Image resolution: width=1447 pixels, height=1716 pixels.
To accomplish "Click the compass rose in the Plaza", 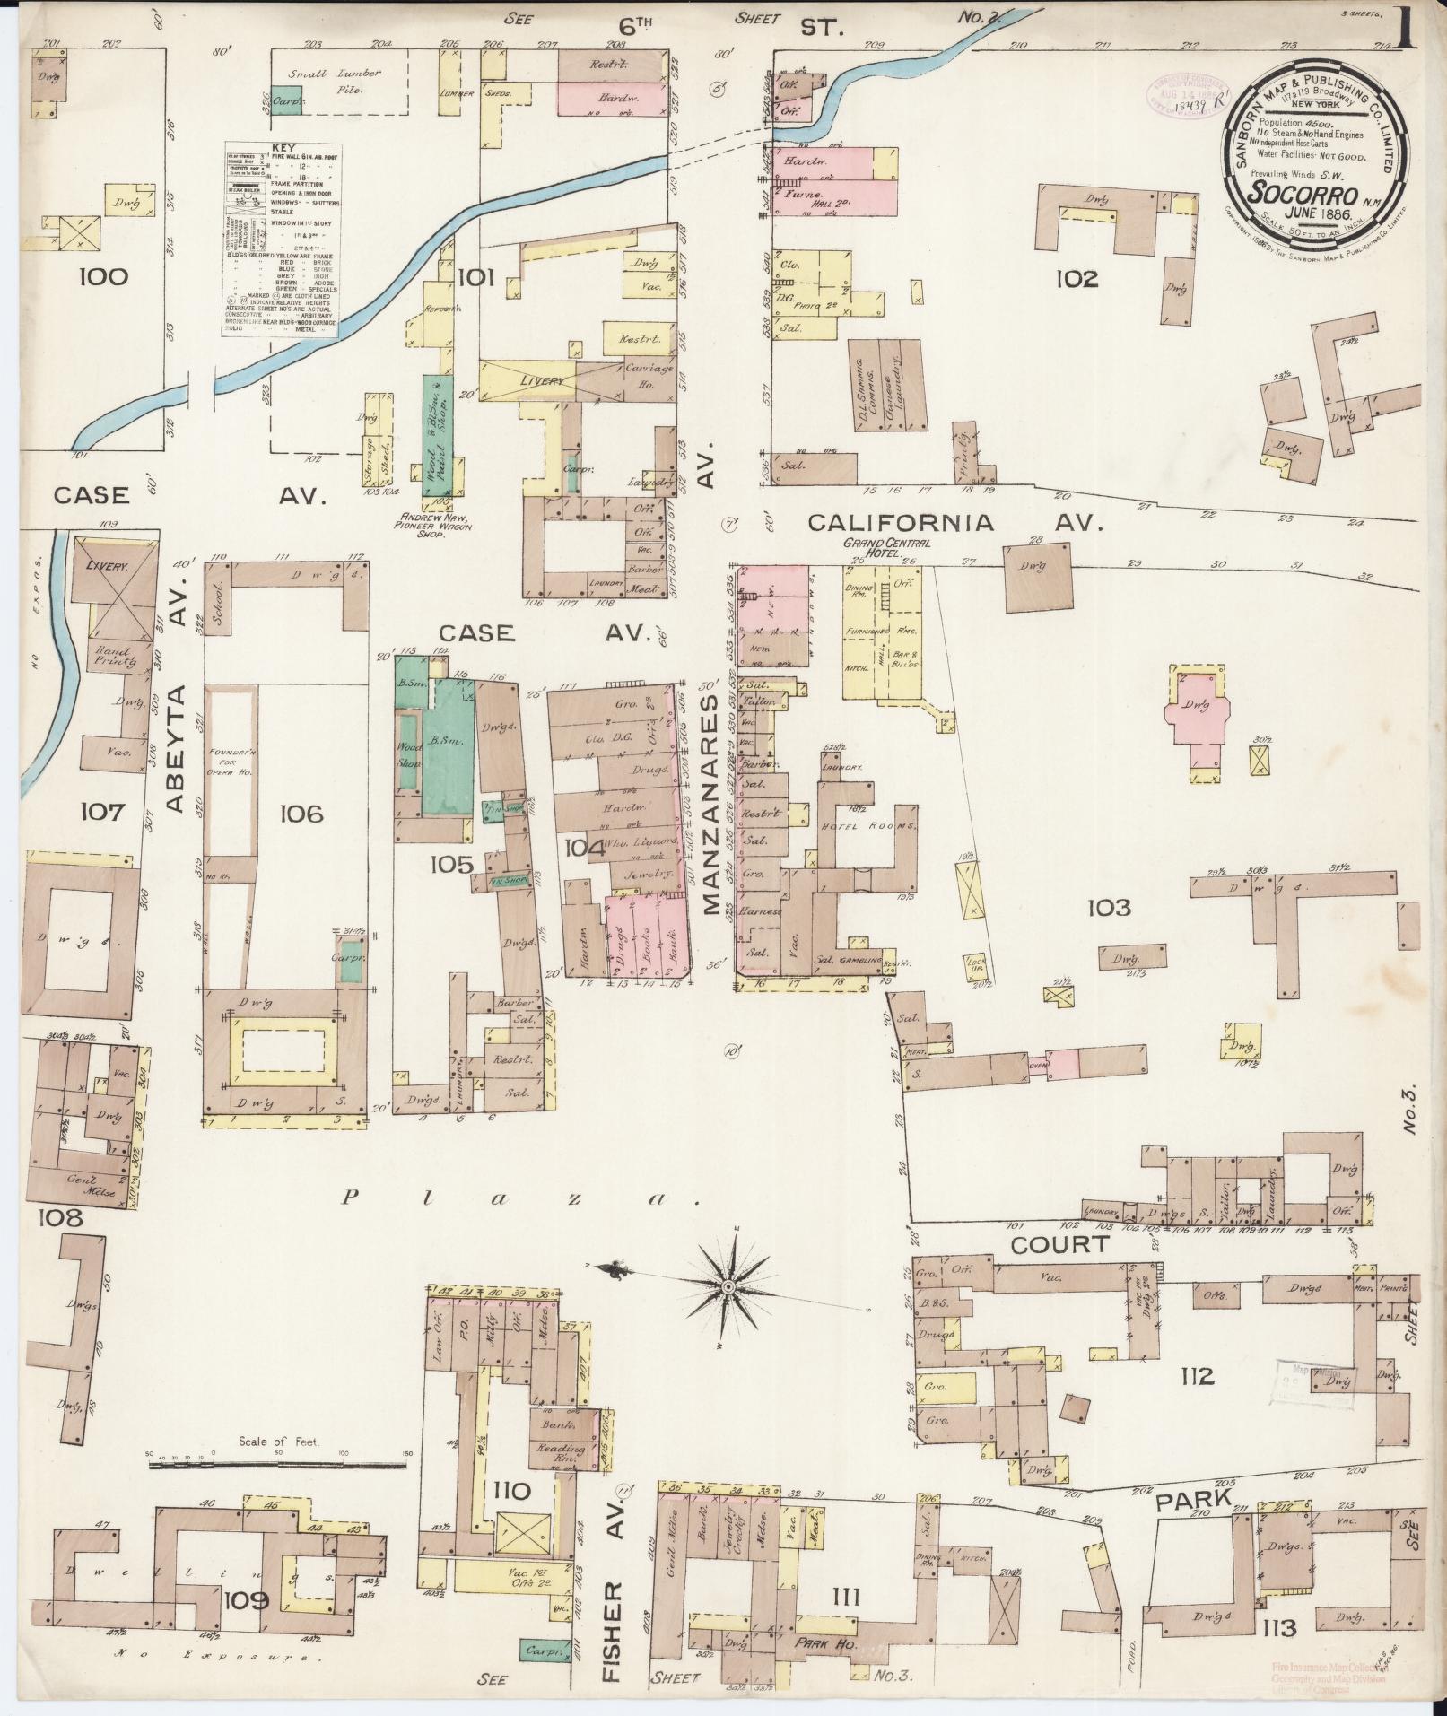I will click(x=729, y=1287).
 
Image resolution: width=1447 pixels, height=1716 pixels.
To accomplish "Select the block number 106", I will click(x=301, y=814).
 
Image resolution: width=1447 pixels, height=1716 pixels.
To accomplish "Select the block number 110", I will click(x=511, y=1491).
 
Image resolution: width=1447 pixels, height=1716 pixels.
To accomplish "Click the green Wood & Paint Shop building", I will click(x=438, y=433).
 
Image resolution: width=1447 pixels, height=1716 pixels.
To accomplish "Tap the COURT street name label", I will click(x=1060, y=1244).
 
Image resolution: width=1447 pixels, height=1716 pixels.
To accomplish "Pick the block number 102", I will click(x=1076, y=279).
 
